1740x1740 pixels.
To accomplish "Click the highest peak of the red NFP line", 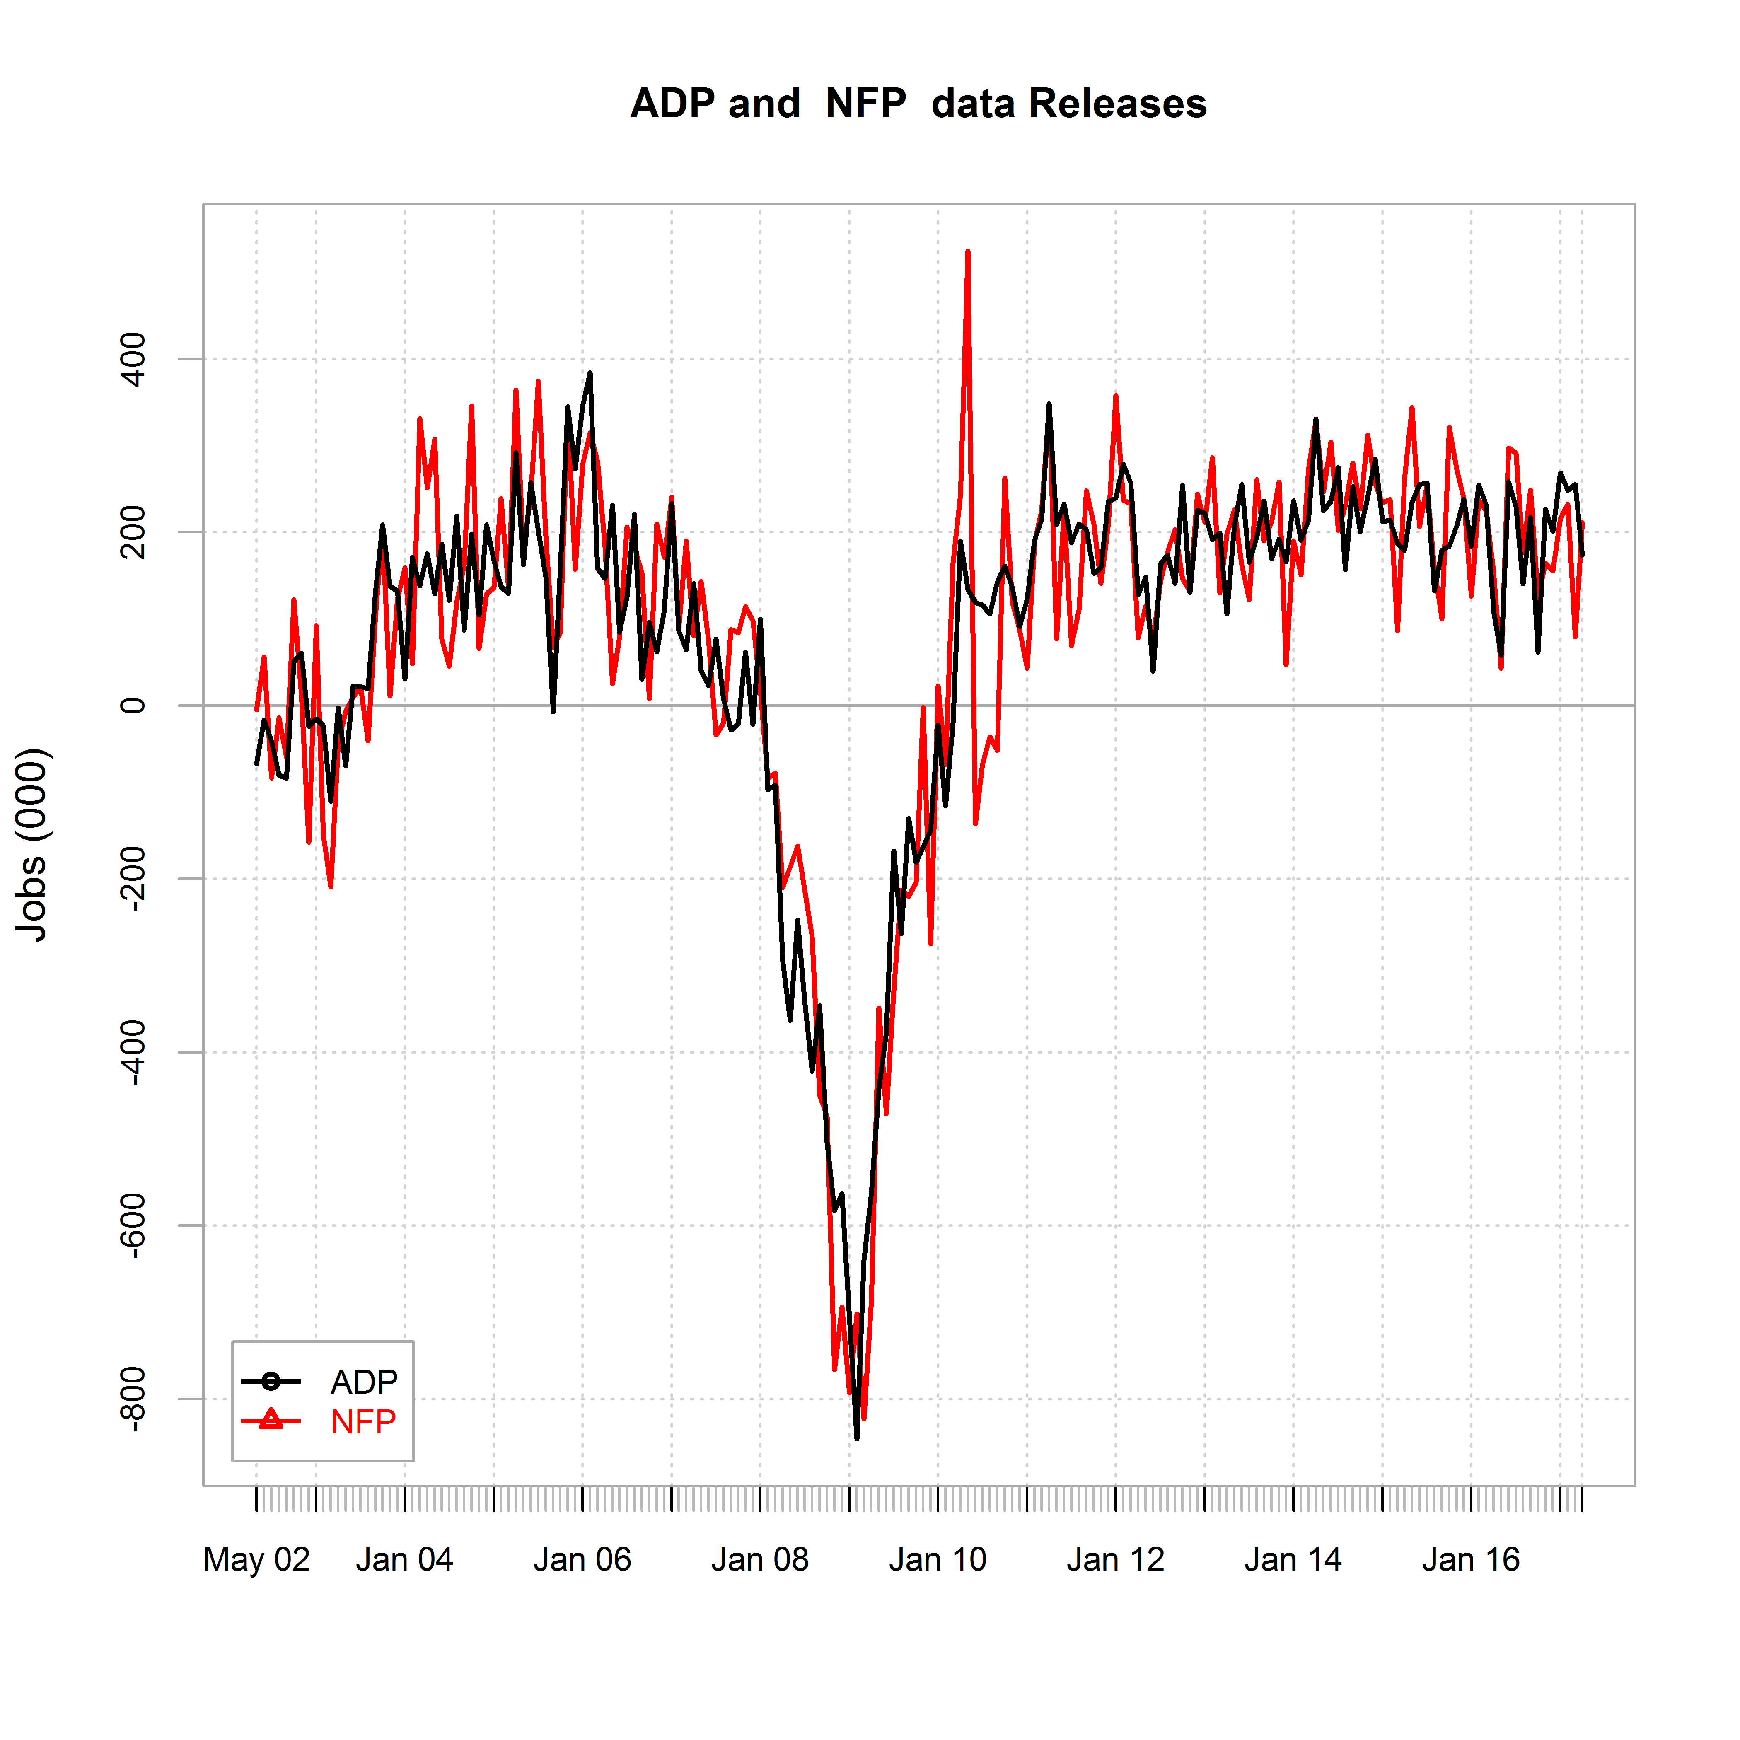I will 967,252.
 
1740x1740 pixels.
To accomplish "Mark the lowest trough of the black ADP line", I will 856,1438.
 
